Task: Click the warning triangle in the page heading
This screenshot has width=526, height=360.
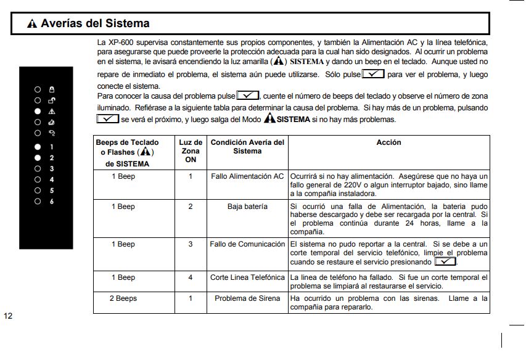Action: click(32, 24)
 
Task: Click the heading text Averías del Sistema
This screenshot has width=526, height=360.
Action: click(95, 24)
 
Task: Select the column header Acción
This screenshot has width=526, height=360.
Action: click(388, 142)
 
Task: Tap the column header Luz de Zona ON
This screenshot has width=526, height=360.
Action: click(191, 151)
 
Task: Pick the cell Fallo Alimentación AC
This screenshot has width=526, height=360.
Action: click(247, 176)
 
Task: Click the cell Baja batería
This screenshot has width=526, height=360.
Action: click(247, 207)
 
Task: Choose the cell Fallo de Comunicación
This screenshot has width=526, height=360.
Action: click(247, 244)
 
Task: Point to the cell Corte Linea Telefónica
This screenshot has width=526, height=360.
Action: click(247, 277)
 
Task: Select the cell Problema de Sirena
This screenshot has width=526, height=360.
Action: click(247, 298)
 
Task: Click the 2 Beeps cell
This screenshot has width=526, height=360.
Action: click(123, 298)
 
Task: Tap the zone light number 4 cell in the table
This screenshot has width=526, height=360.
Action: click(191, 277)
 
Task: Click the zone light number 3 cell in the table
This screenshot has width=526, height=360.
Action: click(191, 244)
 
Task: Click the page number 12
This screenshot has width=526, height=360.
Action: click(8, 316)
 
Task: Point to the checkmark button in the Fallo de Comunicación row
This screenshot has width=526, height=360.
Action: click(445, 261)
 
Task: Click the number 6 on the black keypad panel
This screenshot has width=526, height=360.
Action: click(52, 202)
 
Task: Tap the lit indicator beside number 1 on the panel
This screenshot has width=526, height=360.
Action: click(38, 147)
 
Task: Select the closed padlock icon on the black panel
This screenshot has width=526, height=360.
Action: click(52, 89)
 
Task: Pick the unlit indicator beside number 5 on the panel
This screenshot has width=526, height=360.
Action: click(38, 190)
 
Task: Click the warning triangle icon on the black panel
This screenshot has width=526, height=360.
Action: click(52, 111)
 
